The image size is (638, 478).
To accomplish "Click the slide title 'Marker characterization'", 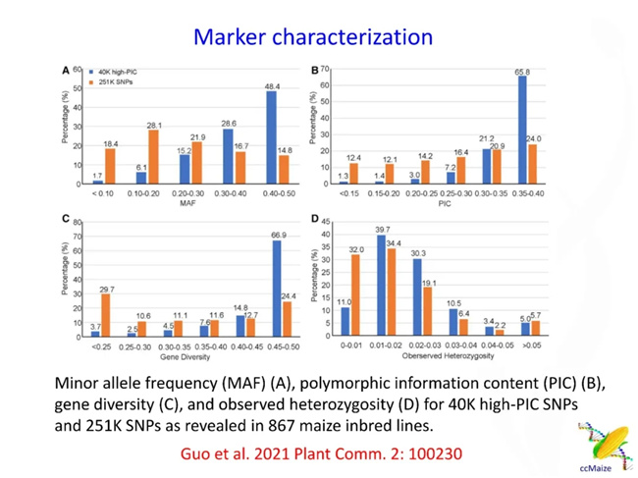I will pos(313,37).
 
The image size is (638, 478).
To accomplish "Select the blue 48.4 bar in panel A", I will pos(271,137).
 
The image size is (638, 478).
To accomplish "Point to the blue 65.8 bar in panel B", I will pos(522,130).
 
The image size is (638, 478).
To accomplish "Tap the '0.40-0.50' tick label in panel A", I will pos(278,194).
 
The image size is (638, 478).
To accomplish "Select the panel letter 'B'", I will pos(315,71).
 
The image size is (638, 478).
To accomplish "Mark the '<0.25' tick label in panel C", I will pos(100,347).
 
